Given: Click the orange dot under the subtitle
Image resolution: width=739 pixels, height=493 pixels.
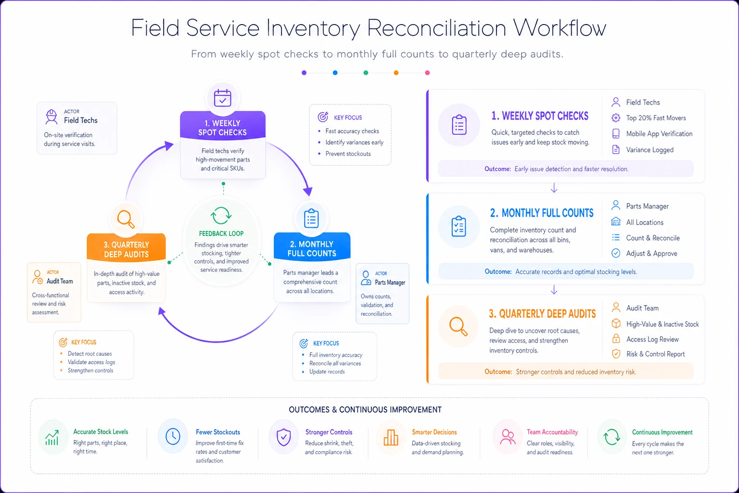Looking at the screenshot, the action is point(396,73).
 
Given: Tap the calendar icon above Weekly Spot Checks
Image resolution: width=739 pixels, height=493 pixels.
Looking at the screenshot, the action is point(223,98).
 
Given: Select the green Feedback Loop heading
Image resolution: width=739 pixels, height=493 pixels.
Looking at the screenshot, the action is point(221,234).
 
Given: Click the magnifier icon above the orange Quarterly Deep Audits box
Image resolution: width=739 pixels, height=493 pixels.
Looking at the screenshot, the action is point(126,219).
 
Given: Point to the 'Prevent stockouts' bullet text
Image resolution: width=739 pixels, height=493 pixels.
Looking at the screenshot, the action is point(348,154).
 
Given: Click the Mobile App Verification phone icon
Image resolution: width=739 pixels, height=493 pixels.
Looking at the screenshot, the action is point(616,133).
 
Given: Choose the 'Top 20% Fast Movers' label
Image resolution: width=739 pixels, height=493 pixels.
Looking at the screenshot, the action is point(656,118).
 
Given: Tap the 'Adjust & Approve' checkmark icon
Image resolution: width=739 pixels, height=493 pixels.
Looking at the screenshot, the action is point(616,253).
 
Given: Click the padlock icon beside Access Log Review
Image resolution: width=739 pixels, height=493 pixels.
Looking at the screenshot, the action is point(616,338).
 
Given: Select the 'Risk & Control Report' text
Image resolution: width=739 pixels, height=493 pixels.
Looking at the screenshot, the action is point(656,354).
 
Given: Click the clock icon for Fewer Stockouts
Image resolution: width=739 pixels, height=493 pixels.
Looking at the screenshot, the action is point(173,437).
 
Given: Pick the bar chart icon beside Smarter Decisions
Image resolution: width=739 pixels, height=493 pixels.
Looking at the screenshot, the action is point(391,437).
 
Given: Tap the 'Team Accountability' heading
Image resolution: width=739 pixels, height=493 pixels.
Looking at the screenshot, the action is point(552,432).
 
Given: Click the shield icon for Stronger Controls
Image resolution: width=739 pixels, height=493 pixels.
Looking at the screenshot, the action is point(283,437).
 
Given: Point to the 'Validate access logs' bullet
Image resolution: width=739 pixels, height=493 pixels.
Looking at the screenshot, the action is point(91,362).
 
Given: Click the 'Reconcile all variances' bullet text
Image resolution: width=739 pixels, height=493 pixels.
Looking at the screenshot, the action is point(335,363).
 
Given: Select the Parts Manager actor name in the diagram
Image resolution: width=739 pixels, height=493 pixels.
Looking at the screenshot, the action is point(390,282).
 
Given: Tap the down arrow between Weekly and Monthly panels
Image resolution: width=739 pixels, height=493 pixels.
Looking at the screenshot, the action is point(554,188).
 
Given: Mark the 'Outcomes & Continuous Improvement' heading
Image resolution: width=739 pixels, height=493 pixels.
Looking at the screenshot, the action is point(365,409).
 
